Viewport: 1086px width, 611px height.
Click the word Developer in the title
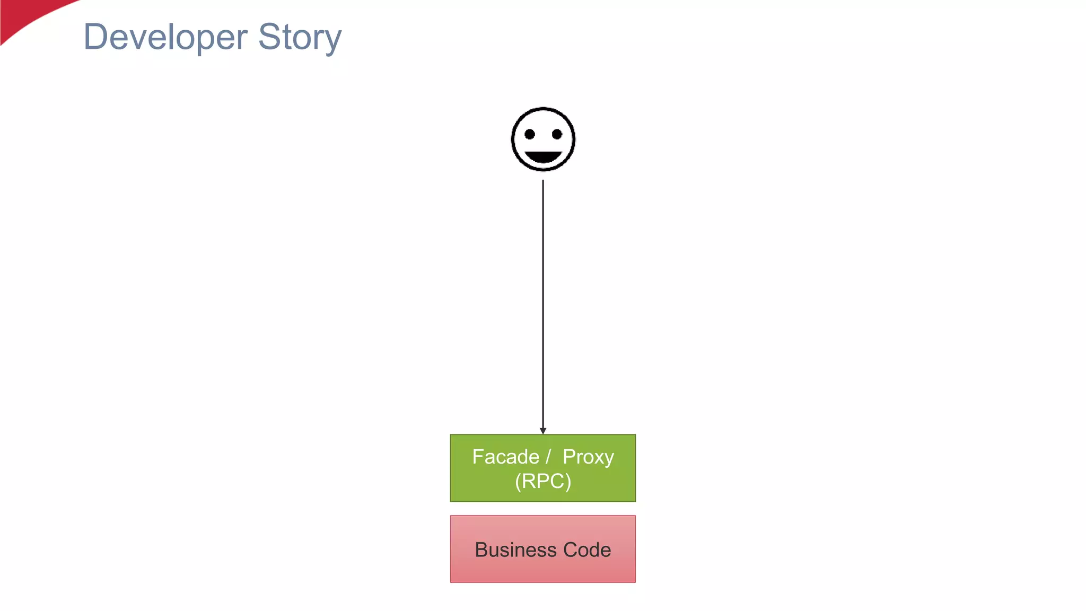(x=165, y=37)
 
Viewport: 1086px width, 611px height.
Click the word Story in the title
(x=300, y=37)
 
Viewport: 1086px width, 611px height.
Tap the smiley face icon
(x=543, y=139)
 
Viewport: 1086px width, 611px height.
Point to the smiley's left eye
(x=529, y=134)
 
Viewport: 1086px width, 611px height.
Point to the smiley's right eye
(x=557, y=134)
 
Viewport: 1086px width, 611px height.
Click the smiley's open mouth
(x=543, y=157)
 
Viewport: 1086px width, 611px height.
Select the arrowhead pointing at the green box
(x=543, y=431)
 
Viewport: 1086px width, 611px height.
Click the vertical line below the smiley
(x=543, y=302)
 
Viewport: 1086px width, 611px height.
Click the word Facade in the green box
(x=505, y=457)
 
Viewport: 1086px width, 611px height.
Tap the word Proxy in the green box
(x=588, y=457)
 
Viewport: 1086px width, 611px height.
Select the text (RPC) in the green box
(x=543, y=481)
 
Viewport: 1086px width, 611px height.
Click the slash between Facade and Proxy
(x=549, y=457)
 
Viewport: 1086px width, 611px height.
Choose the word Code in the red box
(x=587, y=550)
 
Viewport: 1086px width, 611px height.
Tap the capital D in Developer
(x=95, y=37)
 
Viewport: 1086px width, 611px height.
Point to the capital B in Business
(x=481, y=550)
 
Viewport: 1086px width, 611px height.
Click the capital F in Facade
(x=477, y=457)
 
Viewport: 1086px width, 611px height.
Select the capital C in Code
(x=571, y=550)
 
